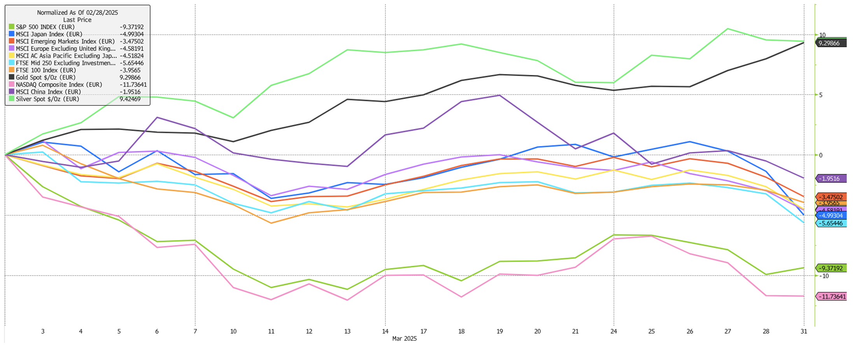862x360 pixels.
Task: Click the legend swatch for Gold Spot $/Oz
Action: (12, 77)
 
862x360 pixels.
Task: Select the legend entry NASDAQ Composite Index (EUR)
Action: (59, 85)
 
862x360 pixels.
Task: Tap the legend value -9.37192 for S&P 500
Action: (131, 27)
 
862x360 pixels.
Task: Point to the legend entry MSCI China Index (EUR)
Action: (48, 92)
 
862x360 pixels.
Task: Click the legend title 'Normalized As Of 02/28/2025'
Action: (77, 12)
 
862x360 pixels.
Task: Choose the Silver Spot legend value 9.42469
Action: (130, 99)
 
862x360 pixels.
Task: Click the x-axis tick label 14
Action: (385, 331)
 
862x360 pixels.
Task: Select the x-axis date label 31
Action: (804, 331)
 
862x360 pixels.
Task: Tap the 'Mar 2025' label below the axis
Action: (404, 339)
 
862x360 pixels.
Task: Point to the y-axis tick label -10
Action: (824, 276)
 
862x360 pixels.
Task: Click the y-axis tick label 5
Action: (821, 95)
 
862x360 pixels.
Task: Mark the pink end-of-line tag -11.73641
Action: (832, 297)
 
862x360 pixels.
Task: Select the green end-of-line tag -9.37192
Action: (832, 268)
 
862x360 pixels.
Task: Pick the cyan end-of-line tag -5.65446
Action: (832, 224)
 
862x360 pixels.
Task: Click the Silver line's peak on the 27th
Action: (727, 29)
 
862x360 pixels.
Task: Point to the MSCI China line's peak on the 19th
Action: (499, 95)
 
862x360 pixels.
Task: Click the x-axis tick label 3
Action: (43, 331)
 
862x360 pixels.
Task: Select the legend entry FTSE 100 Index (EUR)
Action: (46, 70)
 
